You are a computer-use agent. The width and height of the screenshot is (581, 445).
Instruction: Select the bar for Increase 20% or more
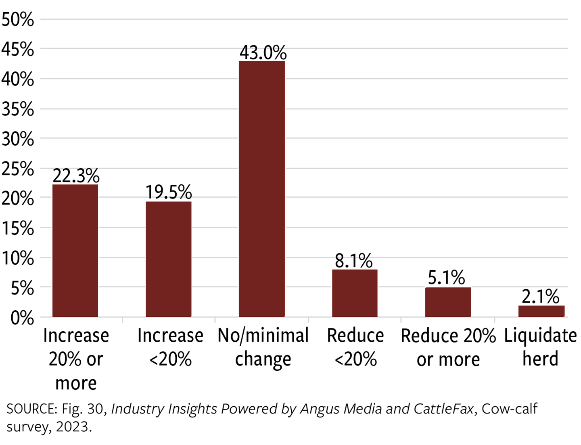(x=75, y=251)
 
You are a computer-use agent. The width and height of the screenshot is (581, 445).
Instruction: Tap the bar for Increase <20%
(x=168, y=259)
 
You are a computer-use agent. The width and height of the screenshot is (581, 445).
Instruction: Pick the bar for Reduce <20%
(x=355, y=293)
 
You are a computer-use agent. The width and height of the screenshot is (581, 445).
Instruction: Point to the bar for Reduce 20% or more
(x=448, y=302)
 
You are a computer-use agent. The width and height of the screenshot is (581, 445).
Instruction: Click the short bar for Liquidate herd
(x=541, y=311)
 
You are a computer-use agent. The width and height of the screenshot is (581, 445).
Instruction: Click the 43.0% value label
(x=263, y=52)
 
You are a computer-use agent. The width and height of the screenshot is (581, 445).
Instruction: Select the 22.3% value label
(x=76, y=176)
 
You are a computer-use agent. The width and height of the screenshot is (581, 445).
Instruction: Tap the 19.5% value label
(x=169, y=192)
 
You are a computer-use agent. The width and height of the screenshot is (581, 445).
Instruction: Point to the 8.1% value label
(x=354, y=261)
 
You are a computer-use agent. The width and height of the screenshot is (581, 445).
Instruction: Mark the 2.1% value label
(x=540, y=297)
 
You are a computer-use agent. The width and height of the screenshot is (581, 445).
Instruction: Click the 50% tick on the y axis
(x=18, y=19)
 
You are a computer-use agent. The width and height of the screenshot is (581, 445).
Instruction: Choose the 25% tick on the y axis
(x=18, y=169)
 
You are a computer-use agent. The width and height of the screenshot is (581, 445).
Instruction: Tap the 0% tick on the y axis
(x=22, y=318)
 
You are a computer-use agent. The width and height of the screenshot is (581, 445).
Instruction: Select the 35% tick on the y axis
(x=18, y=109)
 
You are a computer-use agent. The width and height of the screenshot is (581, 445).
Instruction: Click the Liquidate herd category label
(x=540, y=347)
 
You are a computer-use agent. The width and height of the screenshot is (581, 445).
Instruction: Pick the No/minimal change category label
(x=263, y=347)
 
